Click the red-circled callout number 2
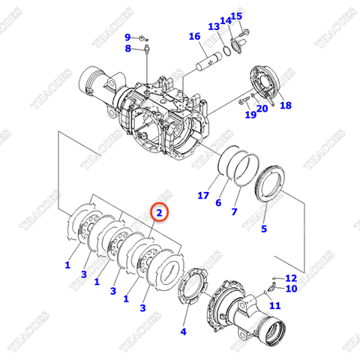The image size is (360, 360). pos(159,213)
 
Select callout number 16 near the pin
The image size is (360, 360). pos(194,37)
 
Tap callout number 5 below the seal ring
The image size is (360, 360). pos(263,229)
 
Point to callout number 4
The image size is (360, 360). pos(184,331)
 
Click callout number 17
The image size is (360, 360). pos(202,196)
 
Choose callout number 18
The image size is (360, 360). pos(285,106)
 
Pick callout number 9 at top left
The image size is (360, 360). pos(127,37)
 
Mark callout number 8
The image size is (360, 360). pos(127,49)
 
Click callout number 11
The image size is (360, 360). pos(274,305)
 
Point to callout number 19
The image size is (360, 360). pos(250,115)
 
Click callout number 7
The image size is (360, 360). pos(234,212)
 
